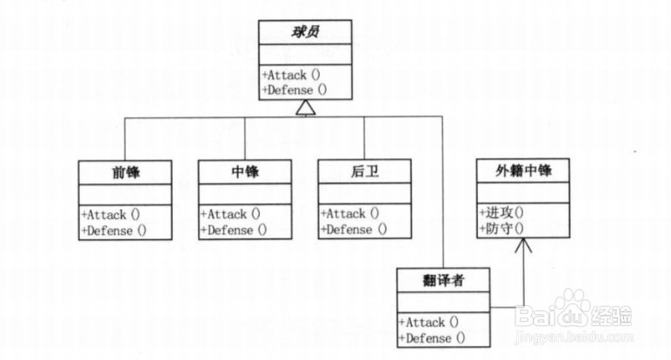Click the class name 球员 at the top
pos(304,33)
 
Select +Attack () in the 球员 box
pos(292,75)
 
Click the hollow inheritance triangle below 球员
pos(303,108)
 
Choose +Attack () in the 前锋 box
pos(112,213)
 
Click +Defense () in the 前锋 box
pos(114,230)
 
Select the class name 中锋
pos(244,171)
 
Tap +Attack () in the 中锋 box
pos(232,213)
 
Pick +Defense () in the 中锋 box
pos(234,230)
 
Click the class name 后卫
pos(364,171)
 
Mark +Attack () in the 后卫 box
pos(352,213)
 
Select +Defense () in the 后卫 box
pos(354,230)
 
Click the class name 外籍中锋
pos(522,171)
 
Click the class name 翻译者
pos(443,280)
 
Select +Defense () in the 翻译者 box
pos(433,337)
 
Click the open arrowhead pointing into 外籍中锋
pos(522,247)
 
